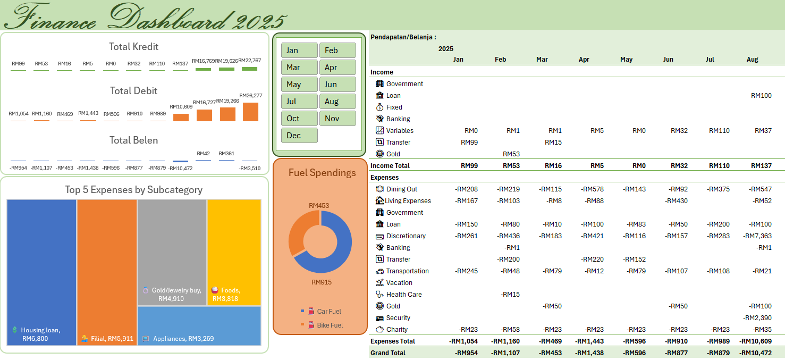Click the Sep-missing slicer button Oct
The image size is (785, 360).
click(299, 118)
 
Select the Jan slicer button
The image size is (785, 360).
click(299, 51)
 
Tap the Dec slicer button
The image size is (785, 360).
click(299, 135)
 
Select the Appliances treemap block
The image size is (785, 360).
click(199, 326)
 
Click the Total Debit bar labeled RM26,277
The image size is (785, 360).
click(250, 112)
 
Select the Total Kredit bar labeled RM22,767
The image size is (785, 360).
click(249, 69)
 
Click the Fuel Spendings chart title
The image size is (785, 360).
click(322, 172)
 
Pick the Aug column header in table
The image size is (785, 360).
click(752, 60)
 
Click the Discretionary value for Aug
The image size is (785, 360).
click(759, 236)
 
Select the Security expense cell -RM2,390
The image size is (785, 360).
click(757, 318)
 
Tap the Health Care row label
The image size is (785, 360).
click(403, 295)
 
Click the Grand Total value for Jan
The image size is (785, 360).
click(466, 353)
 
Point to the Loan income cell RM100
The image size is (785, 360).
click(761, 96)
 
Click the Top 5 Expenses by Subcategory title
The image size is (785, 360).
click(133, 190)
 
